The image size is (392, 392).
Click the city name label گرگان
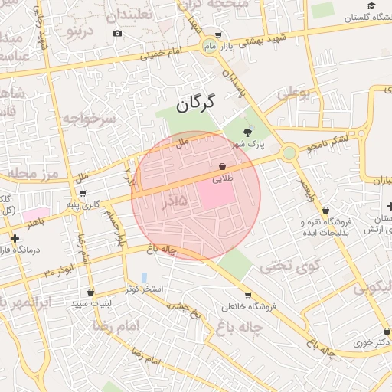point(196,103)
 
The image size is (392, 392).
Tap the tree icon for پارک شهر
point(247,132)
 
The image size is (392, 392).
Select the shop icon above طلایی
point(223,165)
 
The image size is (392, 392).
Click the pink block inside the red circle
point(217,194)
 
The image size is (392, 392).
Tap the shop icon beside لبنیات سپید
point(91,292)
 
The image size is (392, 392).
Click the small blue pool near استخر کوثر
point(144,277)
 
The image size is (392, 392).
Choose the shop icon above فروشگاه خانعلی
point(247,296)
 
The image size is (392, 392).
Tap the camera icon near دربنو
point(117,33)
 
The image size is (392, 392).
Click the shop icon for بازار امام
point(218,34)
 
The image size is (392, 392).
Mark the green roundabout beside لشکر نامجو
point(289,153)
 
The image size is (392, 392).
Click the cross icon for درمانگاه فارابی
point(15,239)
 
